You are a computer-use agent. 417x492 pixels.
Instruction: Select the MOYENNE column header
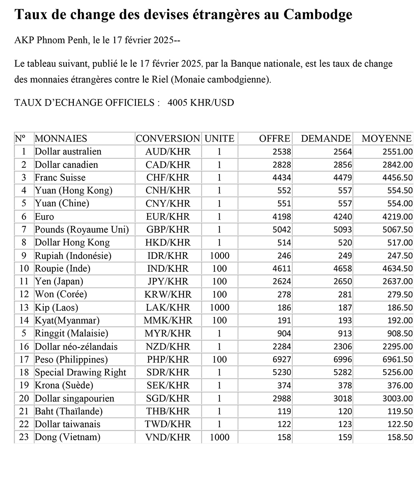coord(387,139)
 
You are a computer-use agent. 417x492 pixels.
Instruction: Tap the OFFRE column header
coord(274,139)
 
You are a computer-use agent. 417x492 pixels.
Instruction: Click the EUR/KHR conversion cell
coord(168,217)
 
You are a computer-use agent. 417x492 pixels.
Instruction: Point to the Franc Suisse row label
coord(60,178)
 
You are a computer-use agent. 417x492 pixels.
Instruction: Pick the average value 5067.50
coord(397,230)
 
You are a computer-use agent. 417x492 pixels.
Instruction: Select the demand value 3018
coord(342,398)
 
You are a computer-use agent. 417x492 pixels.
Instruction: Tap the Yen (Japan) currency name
coord(59,282)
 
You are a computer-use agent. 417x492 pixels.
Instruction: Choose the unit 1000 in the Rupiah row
coord(219,256)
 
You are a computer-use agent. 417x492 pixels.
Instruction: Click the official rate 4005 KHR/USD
coord(201,103)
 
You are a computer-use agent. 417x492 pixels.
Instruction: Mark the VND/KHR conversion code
coord(168,437)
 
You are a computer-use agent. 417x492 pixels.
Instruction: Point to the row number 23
coord(24,437)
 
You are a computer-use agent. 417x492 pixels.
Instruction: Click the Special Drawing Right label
coord(80,373)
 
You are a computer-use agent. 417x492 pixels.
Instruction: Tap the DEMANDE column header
coord(326,139)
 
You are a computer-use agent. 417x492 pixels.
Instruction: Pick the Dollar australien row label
coord(68,152)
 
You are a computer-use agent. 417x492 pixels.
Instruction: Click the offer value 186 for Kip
coord(284,308)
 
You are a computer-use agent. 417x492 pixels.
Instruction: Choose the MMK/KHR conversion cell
coord(168,321)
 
